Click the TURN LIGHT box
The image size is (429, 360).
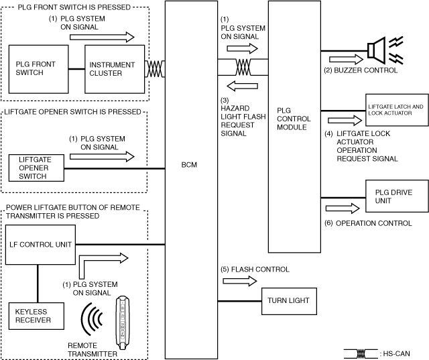(290, 300)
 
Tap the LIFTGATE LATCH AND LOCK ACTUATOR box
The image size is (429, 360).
(394, 110)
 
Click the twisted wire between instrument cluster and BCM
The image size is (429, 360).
(156, 68)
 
